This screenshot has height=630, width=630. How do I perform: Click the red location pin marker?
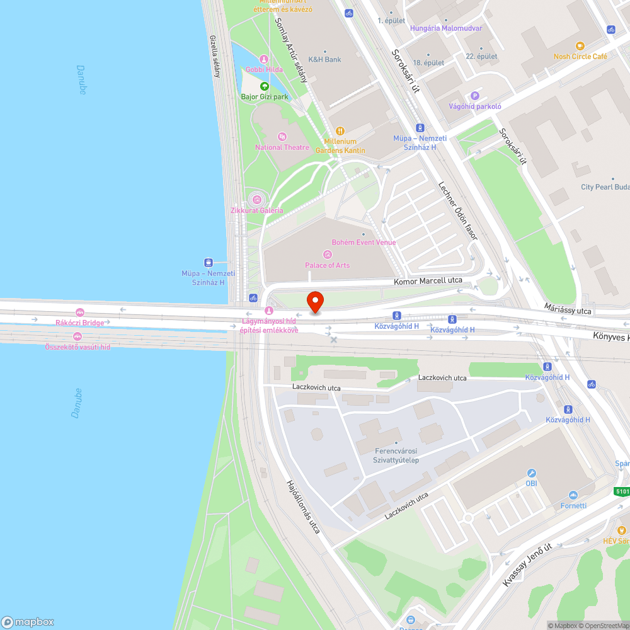pos(314,301)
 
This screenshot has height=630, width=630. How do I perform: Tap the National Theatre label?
pos(282,147)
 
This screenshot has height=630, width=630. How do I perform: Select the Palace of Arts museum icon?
pos(327,255)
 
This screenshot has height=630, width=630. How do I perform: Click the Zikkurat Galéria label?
pos(256,210)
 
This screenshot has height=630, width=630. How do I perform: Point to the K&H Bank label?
pos(324,60)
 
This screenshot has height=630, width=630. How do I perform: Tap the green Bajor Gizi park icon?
pos(264,86)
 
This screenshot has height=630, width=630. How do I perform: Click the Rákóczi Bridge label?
pos(79,323)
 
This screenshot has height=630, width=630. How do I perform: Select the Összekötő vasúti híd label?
pos(77,346)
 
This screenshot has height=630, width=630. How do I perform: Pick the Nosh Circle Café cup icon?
pos(580,46)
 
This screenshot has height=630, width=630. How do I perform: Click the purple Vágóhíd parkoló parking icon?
pos(475,95)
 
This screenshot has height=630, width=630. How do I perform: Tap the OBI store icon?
pos(531,473)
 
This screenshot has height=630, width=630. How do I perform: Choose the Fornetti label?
pos(573,505)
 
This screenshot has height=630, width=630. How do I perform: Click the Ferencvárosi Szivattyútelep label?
pos(396,455)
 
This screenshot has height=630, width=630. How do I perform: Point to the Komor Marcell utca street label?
pos(428,280)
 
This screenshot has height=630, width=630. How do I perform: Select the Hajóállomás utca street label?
pos(303,507)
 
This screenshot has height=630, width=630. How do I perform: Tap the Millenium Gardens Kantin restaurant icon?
pos(340,131)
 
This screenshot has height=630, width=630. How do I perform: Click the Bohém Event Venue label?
pos(364,243)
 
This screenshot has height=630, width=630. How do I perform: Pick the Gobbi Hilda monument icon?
pos(263,59)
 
